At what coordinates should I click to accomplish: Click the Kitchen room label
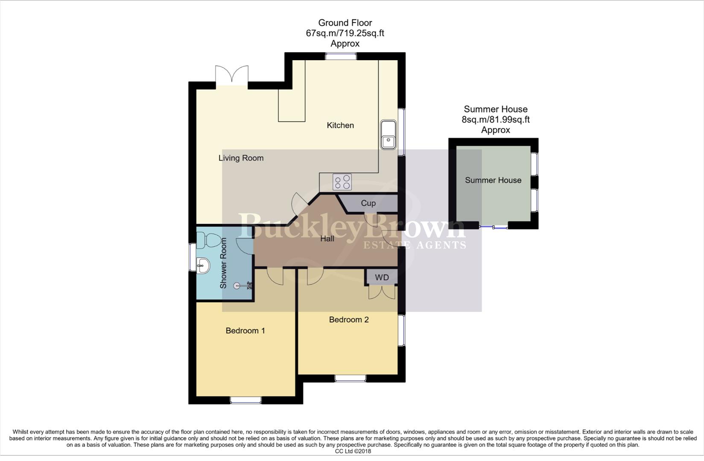340,125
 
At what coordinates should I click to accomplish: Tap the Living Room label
241,158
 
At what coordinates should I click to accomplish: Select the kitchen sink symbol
388,134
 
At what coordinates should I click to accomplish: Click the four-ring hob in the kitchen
342,182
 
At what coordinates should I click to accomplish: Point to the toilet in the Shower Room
210,240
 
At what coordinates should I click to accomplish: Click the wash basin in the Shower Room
203,266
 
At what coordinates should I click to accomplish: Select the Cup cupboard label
368,203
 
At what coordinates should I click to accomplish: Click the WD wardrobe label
382,277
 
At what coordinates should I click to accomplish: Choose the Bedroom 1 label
245,330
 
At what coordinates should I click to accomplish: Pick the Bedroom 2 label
348,320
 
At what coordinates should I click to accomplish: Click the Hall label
327,239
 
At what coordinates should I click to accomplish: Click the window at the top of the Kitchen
341,56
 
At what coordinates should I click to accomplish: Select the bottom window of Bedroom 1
245,400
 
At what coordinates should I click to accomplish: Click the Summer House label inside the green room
493,180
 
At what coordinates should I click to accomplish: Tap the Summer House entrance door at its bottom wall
493,227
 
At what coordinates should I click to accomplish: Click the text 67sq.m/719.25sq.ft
345,33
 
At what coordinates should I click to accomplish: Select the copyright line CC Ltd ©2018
353,451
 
